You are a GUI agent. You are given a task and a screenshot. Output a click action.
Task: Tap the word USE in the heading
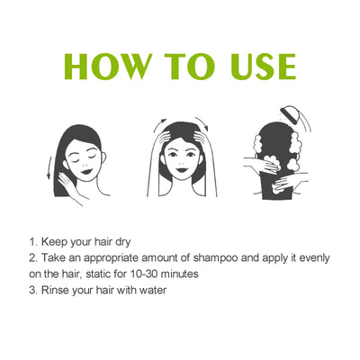[255, 67]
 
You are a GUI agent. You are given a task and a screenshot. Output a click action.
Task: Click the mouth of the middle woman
[180, 166]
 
